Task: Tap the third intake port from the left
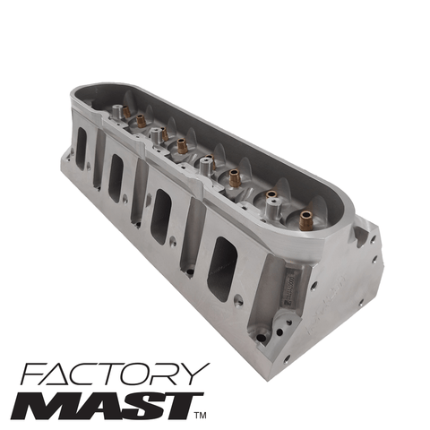161,216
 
